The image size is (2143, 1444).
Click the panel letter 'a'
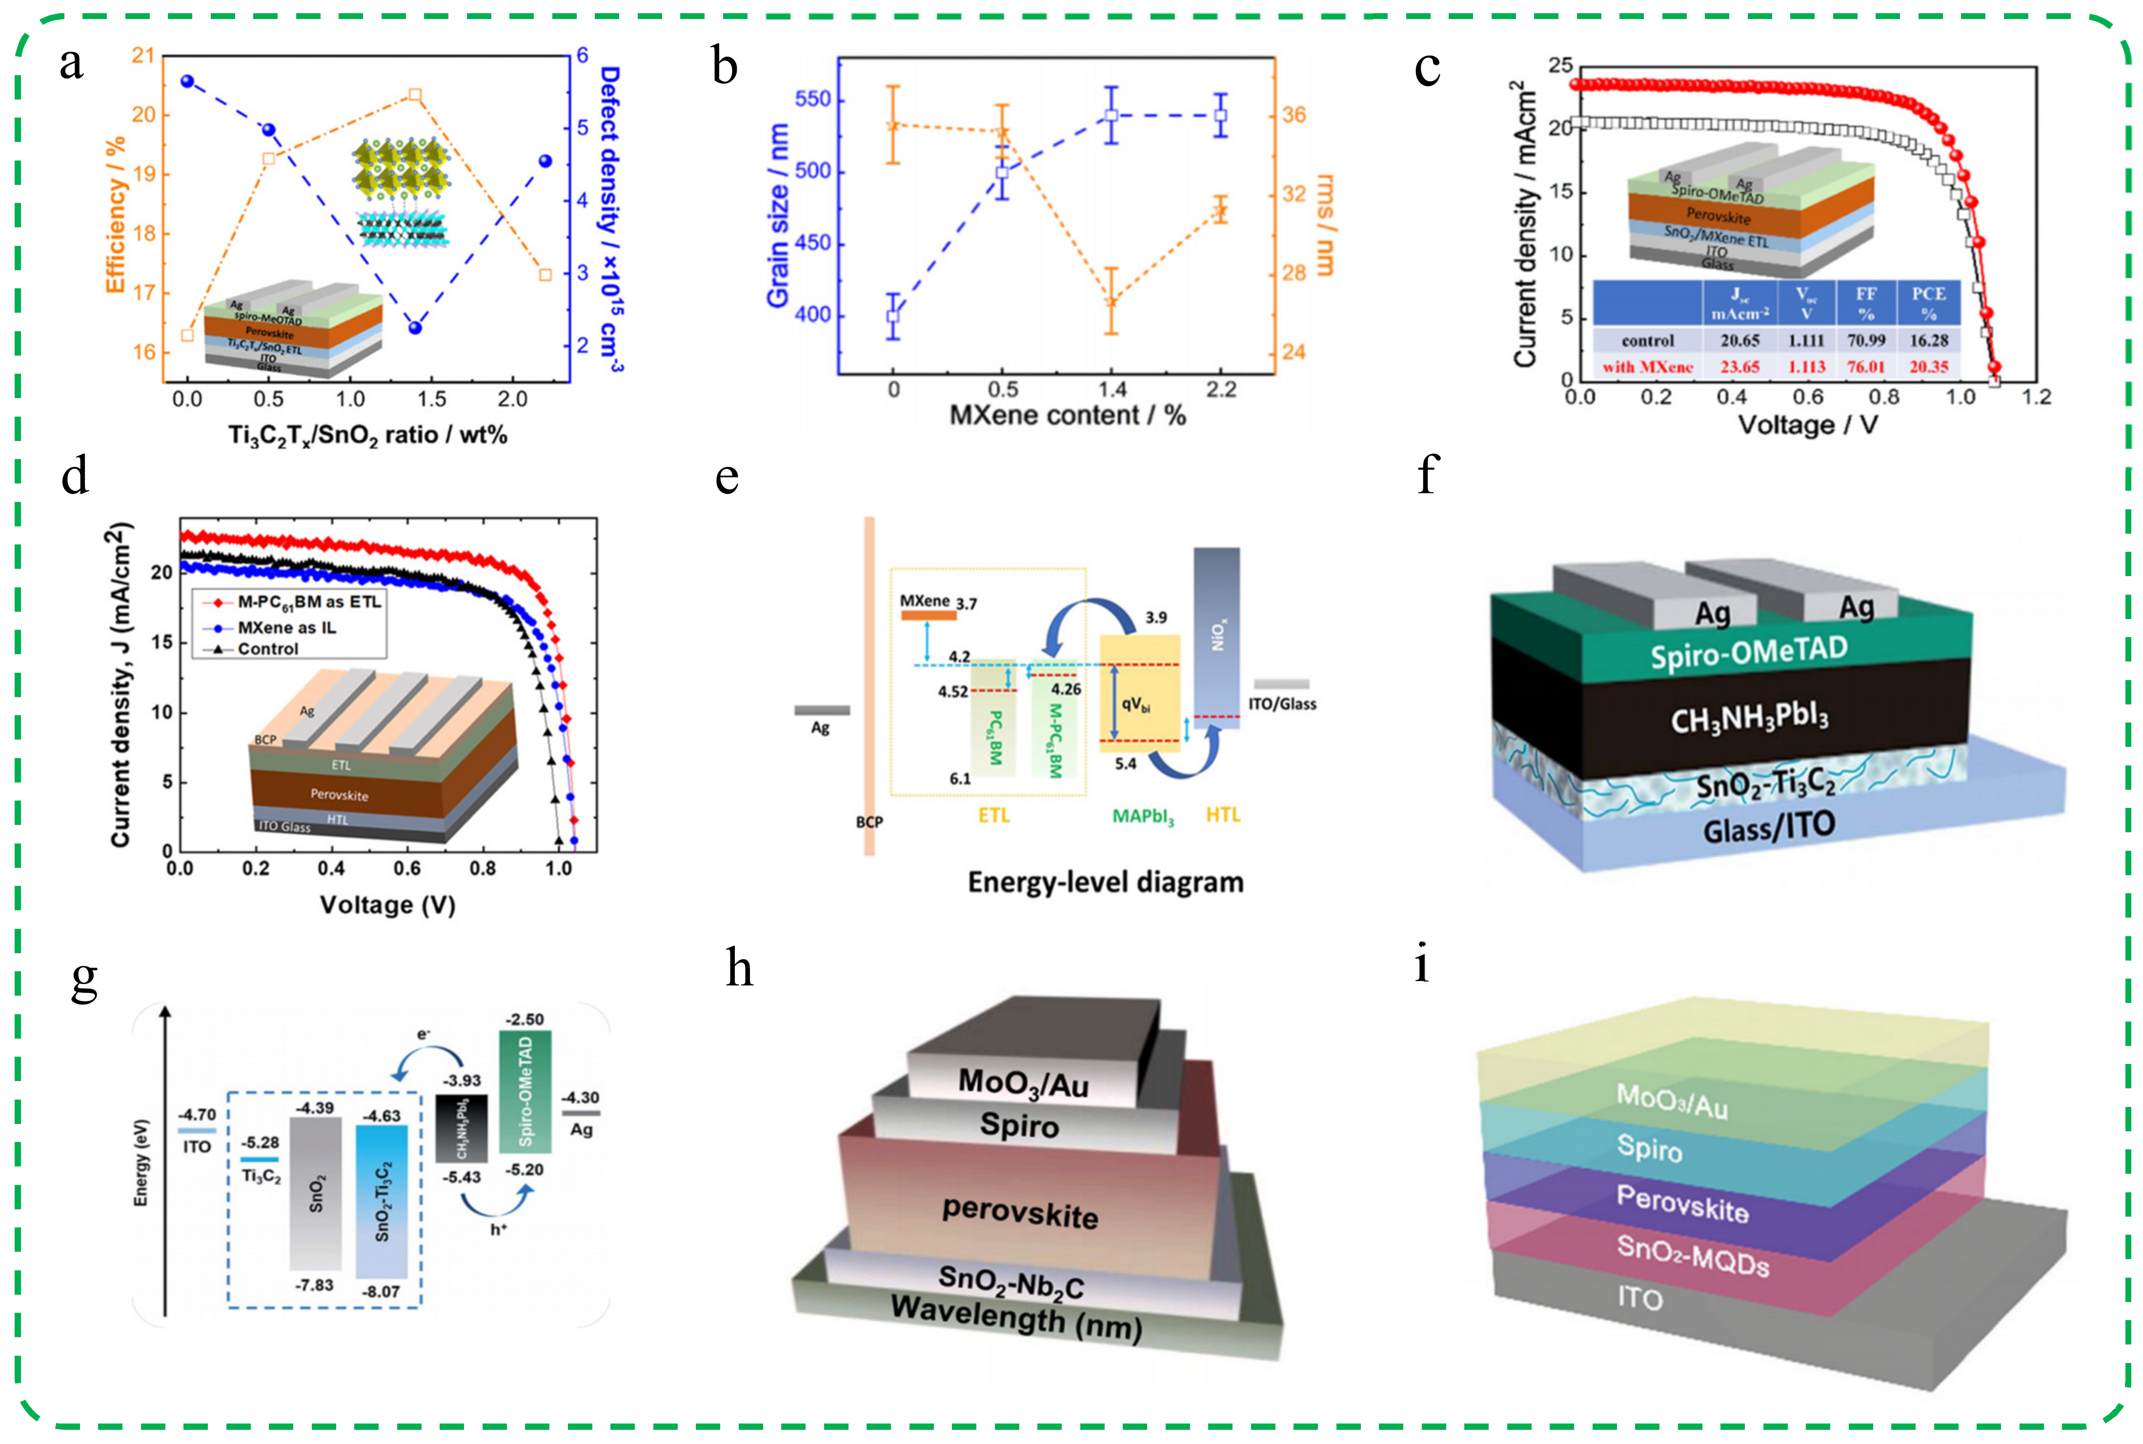tap(71, 64)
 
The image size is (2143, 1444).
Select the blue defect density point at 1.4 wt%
tap(414, 328)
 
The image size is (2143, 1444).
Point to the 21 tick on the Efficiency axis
tap(143, 55)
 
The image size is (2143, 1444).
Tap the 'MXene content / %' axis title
tap(1068, 415)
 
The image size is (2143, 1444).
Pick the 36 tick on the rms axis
tap(1294, 115)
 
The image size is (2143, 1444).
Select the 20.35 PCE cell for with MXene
tap(1928, 366)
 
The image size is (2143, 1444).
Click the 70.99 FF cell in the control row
tap(1866, 341)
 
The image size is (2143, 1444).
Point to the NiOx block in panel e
tap(1216, 636)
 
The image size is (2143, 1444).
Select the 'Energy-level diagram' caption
tap(1105, 882)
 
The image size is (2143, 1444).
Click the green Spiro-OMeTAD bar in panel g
tap(525, 1091)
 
